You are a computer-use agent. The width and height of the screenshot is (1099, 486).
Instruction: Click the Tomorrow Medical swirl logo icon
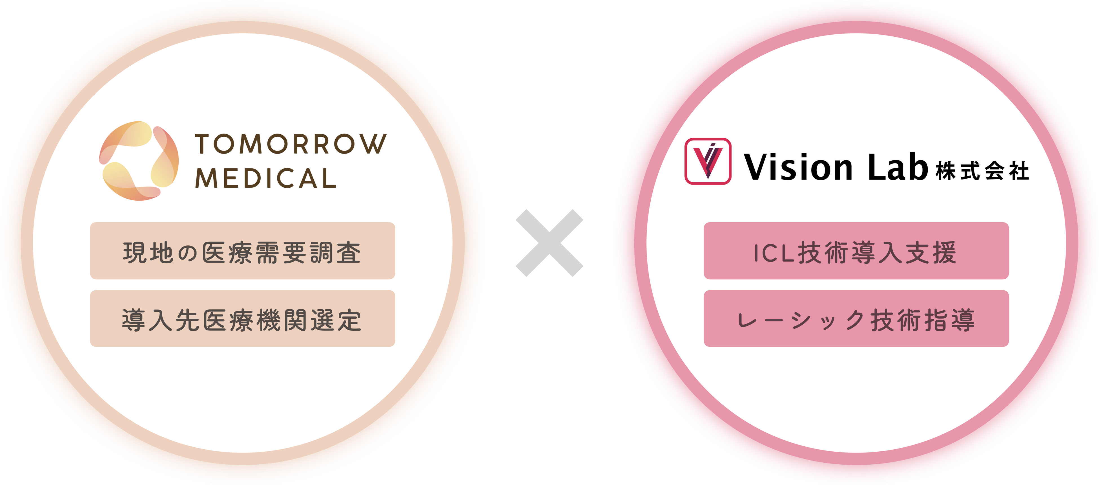pos(139,161)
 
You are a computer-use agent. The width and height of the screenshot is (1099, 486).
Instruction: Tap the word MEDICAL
pos(265,178)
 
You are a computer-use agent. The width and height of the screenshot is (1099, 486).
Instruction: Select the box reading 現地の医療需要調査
pos(242,251)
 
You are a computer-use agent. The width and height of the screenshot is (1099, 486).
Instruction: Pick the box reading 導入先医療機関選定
pos(242,319)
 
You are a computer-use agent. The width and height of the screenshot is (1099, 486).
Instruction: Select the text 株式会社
pos(982,171)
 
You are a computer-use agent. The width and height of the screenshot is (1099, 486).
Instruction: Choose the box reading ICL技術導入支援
pos(856,251)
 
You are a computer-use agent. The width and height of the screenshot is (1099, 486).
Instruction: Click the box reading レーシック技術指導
pos(856,319)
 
